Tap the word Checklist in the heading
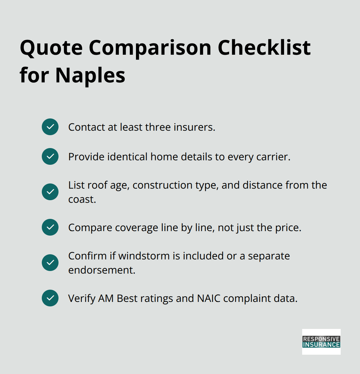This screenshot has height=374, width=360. click(264, 48)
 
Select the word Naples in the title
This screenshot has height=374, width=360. click(90, 76)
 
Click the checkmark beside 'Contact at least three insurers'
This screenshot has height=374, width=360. click(50, 127)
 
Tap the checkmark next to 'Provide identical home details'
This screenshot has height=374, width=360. click(50, 156)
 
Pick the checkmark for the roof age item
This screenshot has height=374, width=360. click(50, 192)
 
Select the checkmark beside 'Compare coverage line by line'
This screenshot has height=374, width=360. click(50, 227)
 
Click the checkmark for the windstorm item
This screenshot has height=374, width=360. click(50, 263)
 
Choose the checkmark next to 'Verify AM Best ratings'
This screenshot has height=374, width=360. click(50, 298)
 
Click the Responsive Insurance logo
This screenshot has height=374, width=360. click(321, 342)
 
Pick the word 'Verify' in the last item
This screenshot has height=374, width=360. click(82, 298)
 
